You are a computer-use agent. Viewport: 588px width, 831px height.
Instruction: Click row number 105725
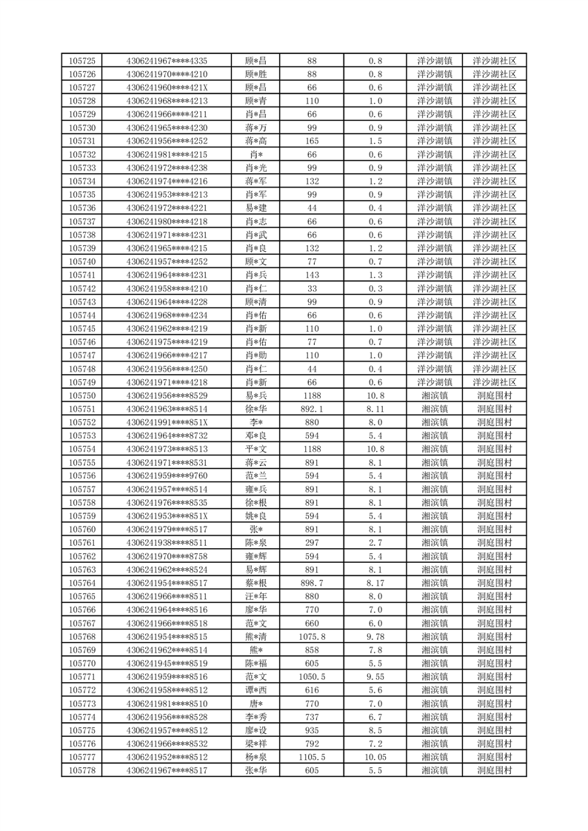(81, 61)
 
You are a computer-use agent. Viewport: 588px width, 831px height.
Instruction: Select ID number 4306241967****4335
(167, 61)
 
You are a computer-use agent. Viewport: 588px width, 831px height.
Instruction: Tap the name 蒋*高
(256, 141)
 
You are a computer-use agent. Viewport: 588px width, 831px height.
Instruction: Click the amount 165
(312, 141)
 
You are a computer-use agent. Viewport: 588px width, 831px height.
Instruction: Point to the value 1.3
(375, 275)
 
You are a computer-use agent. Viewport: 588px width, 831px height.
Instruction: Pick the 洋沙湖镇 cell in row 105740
(434, 261)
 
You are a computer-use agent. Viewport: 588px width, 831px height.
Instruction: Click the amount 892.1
(312, 409)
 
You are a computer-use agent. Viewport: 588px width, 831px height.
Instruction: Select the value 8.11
(375, 409)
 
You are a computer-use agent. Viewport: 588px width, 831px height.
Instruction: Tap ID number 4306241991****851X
(167, 422)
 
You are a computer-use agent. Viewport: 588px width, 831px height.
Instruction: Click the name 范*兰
(256, 475)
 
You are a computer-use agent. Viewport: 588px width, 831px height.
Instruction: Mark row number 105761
(81, 543)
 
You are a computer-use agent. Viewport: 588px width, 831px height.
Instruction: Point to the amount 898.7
(312, 583)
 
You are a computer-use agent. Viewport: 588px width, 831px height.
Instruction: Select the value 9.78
(375, 636)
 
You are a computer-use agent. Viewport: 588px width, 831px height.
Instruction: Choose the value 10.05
(375, 757)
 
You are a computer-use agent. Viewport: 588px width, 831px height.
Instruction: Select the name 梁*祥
(256, 744)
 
